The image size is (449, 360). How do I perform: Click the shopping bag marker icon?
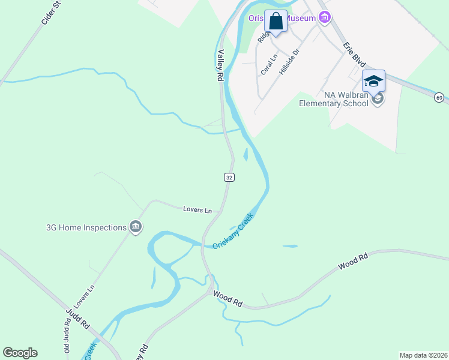point(276,22)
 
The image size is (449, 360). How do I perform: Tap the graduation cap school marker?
point(373,81)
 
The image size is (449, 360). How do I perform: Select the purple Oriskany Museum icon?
point(325,17)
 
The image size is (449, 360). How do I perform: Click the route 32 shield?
point(229,177)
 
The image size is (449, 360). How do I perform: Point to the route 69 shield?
point(439,97)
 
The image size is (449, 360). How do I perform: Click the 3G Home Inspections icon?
point(136,227)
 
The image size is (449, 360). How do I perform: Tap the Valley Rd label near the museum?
point(220,65)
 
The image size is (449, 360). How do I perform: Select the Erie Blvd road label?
point(354,55)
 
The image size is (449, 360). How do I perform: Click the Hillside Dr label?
point(289,62)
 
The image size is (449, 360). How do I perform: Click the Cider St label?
point(52,13)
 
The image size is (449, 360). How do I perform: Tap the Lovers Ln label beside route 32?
point(197,209)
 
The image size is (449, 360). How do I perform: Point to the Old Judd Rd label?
point(67,340)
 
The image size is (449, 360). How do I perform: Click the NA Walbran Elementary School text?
point(337,99)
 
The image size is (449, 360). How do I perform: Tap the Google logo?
point(20,352)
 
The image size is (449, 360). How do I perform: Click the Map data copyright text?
point(423,355)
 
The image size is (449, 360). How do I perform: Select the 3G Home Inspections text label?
point(86,227)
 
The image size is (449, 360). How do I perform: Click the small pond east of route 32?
point(246,154)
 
